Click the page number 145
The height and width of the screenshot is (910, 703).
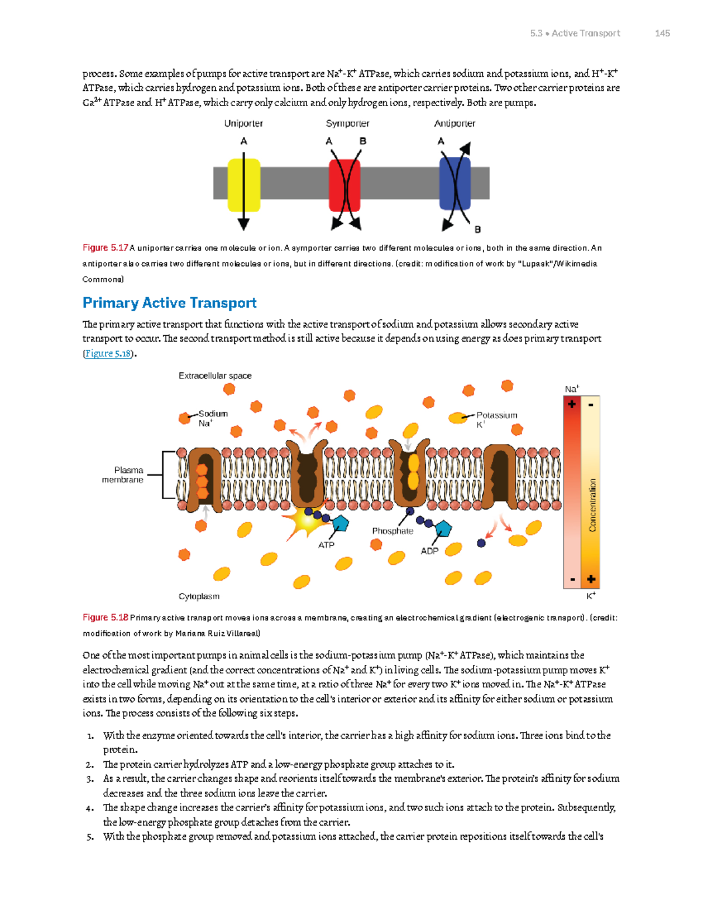pyautogui.click(x=662, y=33)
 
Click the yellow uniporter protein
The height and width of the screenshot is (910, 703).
pyautogui.click(x=244, y=184)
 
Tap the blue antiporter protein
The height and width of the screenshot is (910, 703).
pyautogui.click(x=454, y=183)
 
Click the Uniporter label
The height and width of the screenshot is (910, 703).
pyautogui.click(x=243, y=124)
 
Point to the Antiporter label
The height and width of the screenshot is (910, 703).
pyautogui.click(x=454, y=124)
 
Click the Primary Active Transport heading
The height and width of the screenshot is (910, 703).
pyautogui.click(x=169, y=303)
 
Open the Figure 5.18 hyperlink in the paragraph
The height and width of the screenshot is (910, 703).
pyautogui.click(x=108, y=353)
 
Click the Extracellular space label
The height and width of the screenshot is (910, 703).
pyautogui.click(x=215, y=376)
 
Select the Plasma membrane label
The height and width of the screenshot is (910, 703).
pyautogui.click(x=124, y=475)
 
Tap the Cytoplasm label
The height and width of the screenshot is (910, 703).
pyautogui.click(x=199, y=597)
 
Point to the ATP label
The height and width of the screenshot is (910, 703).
pyautogui.click(x=326, y=545)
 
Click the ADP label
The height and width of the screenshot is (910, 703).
pyautogui.click(x=429, y=551)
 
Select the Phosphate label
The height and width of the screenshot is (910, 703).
pyautogui.click(x=393, y=531)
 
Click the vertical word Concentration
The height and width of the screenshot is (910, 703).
pyautogui.click(x=592, y=505)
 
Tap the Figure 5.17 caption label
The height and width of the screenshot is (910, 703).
pyautogui.click(x=105, y=248)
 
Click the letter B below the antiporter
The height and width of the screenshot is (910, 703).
pyautogui.click(x=477, y=230)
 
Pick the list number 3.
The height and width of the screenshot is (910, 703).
pyautogui.click(x=90, y=779)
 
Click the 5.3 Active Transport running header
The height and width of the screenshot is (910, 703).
pyautogui.click(x=575, y=33)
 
